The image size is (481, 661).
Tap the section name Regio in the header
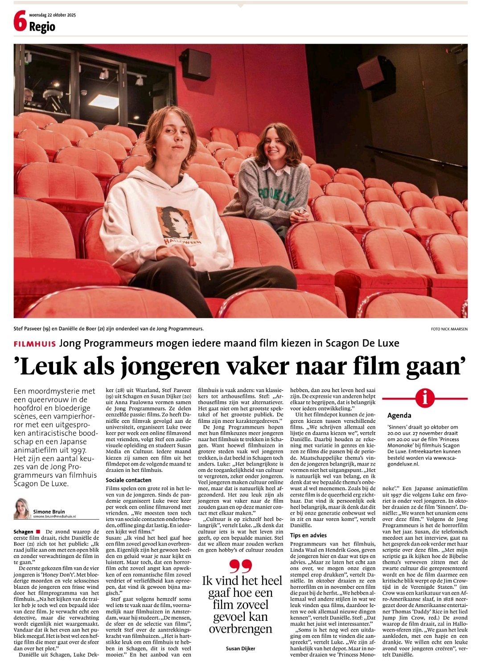(x=42, y=27)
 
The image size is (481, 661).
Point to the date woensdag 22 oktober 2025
(x=52, y=15)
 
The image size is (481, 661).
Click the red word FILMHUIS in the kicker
(x=34, y=343)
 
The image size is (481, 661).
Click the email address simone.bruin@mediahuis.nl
(x=54, y=516)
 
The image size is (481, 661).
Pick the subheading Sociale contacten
(x=128, y=480)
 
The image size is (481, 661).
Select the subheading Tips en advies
(x=308, y=535)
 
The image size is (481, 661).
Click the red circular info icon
(x=425, y=397)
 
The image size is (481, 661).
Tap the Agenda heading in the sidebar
(x=399, y=415)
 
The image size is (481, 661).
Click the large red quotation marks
(x=241, y=566)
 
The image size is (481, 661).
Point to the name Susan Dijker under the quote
(x=241, y=648)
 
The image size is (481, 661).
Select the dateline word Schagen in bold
(x=23, y=532)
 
